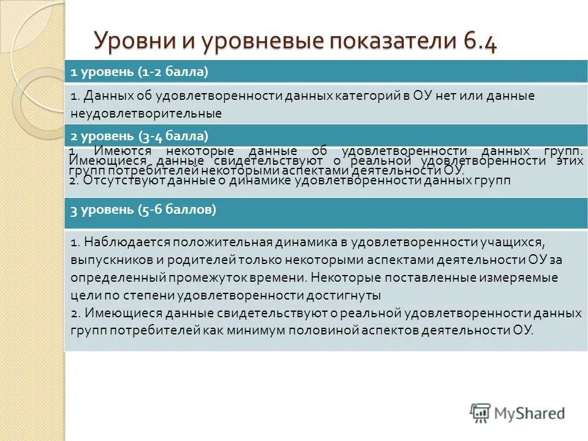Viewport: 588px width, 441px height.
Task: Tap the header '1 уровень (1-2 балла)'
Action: (x=140, y=72)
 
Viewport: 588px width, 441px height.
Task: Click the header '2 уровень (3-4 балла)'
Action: (x=140, y=135)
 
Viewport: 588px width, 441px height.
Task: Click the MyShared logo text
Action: (x=530, y=413)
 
